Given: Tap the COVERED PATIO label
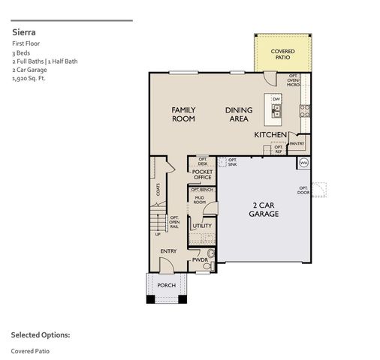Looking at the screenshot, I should [x=283, y=53].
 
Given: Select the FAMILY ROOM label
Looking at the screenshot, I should [x=183, y=114].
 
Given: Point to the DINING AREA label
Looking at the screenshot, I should [x=239, y=114].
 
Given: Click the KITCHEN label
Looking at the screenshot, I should [x=270, y=135].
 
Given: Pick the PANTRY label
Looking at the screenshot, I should [x=297, y=143].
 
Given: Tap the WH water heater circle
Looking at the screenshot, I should [x=303, y=163].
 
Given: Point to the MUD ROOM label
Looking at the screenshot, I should [x=200, y=200].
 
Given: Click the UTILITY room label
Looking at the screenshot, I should [x=201, y=225].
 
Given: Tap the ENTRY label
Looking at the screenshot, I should [x=169, y=251].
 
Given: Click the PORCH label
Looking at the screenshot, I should [x=166, y=286].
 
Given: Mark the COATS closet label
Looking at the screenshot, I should [x=158, y=190].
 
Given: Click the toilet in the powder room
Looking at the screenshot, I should [x=209, y=265].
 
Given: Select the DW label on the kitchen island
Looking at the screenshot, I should [x=276, y=100].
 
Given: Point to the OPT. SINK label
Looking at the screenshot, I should [x=232, y=161].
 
